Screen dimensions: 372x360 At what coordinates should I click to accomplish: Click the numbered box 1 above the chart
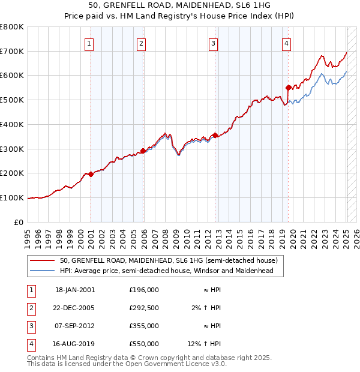tap(89, 43)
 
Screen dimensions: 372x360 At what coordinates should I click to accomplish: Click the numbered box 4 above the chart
tap(287, 43)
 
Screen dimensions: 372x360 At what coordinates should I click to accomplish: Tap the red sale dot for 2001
tap(91, 174)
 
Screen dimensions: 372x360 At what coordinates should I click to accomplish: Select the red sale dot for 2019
tap(289, 87)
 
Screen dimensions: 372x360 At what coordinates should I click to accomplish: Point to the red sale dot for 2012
tap(215, 135)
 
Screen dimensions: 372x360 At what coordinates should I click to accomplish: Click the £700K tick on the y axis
tap(12, 52)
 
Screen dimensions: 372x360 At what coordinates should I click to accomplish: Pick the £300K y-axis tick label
tap(12, 149)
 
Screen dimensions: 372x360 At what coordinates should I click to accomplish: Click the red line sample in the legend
tap(43, 261)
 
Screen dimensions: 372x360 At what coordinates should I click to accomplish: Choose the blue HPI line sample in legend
tap(43, 271)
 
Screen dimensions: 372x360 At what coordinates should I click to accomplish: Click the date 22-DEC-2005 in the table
tap(75, 308)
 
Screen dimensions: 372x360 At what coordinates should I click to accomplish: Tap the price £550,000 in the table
tap(143, 344)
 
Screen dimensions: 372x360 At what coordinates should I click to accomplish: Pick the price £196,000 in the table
tap(143, 290)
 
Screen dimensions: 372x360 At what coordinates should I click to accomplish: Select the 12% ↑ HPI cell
tap(205, 344)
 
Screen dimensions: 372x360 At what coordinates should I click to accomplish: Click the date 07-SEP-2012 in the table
tap(75, 326)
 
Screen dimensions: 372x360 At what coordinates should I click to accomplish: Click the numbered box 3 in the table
tap(30, 326)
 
